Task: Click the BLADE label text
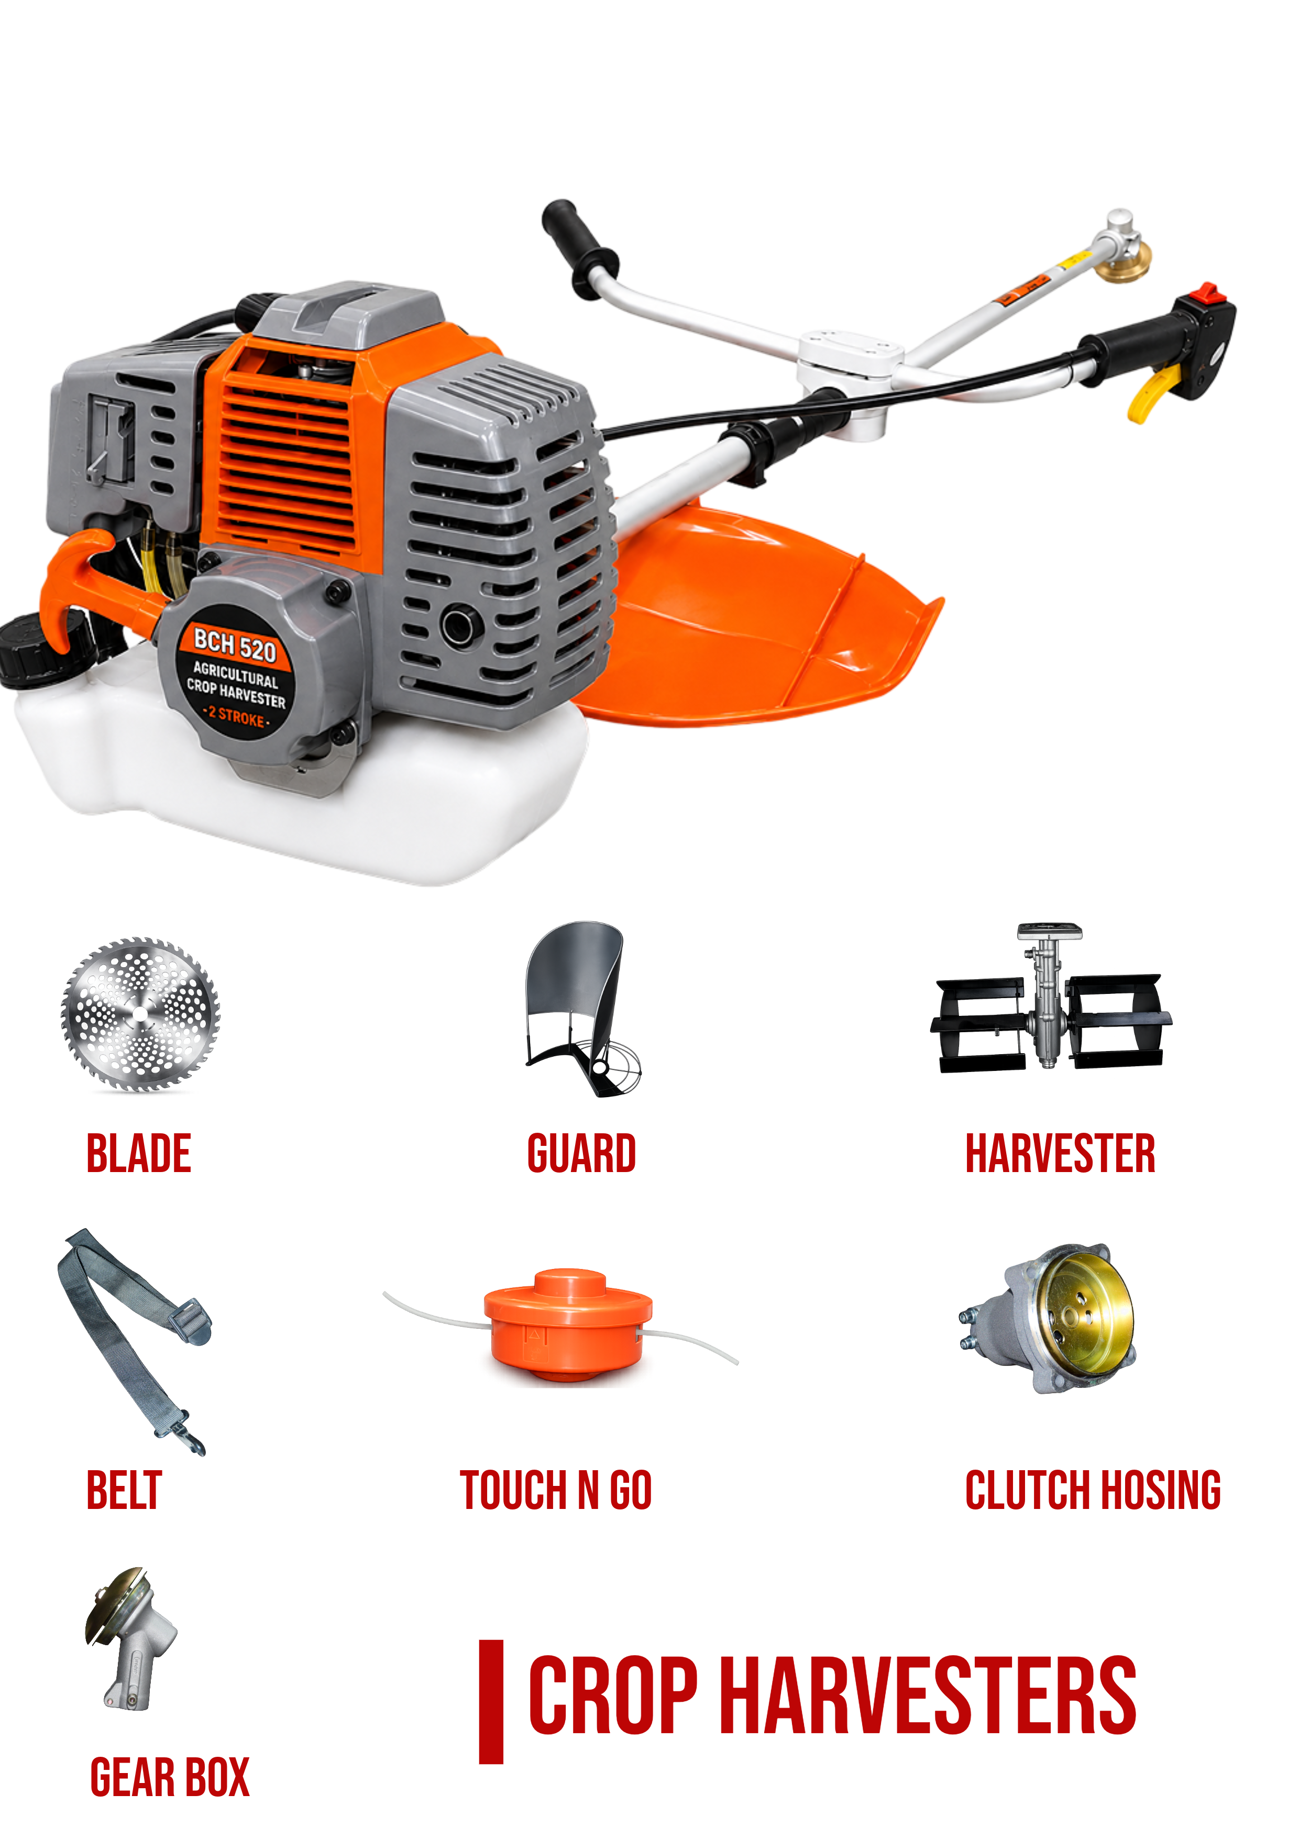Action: tap(138, 1154)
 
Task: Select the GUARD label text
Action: tap(582, 1154)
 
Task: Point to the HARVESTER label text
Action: tap(1061, 1154)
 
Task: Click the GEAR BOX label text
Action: tap(170, 1778)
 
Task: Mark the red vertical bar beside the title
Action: tap(491, 1702)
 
